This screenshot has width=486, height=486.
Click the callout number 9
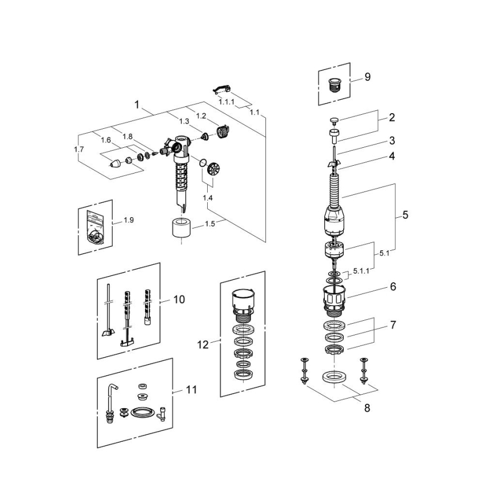pyautogui.click(x=367, y=77)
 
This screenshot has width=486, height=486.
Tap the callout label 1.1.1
pyautogui.click(x=226, y=102)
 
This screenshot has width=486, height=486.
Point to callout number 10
pyautogui.click(x=179, y=300)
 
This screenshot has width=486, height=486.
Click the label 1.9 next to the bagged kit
pyautogui.click(x=128, y=220)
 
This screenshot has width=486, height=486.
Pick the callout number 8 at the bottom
pyautogui.click(x=367, y=408)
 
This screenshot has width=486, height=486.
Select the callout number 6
pyautogui.click(x=393, y=286)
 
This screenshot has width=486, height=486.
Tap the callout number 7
pyautogui.click(x=394, y=325)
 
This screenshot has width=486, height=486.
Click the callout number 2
pyautogui.click(x=392, y=118)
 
